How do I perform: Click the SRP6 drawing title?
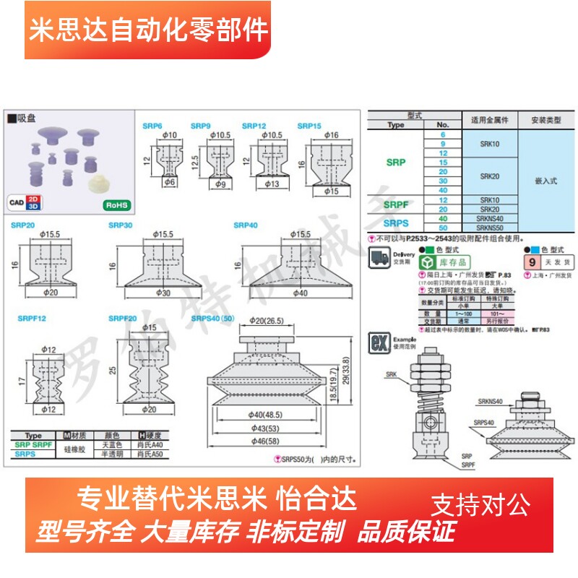[x=151, y=126]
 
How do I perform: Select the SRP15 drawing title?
[x=309, y=126]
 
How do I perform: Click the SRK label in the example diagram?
[x=392, y=374]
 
